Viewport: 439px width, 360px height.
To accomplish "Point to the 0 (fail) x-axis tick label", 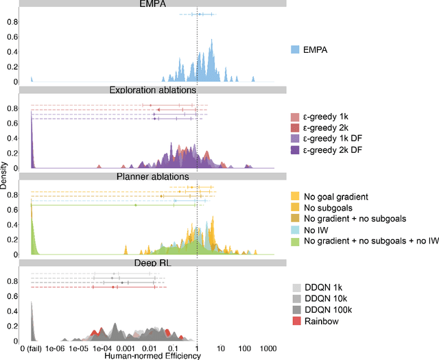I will click(x=34, y=348).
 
